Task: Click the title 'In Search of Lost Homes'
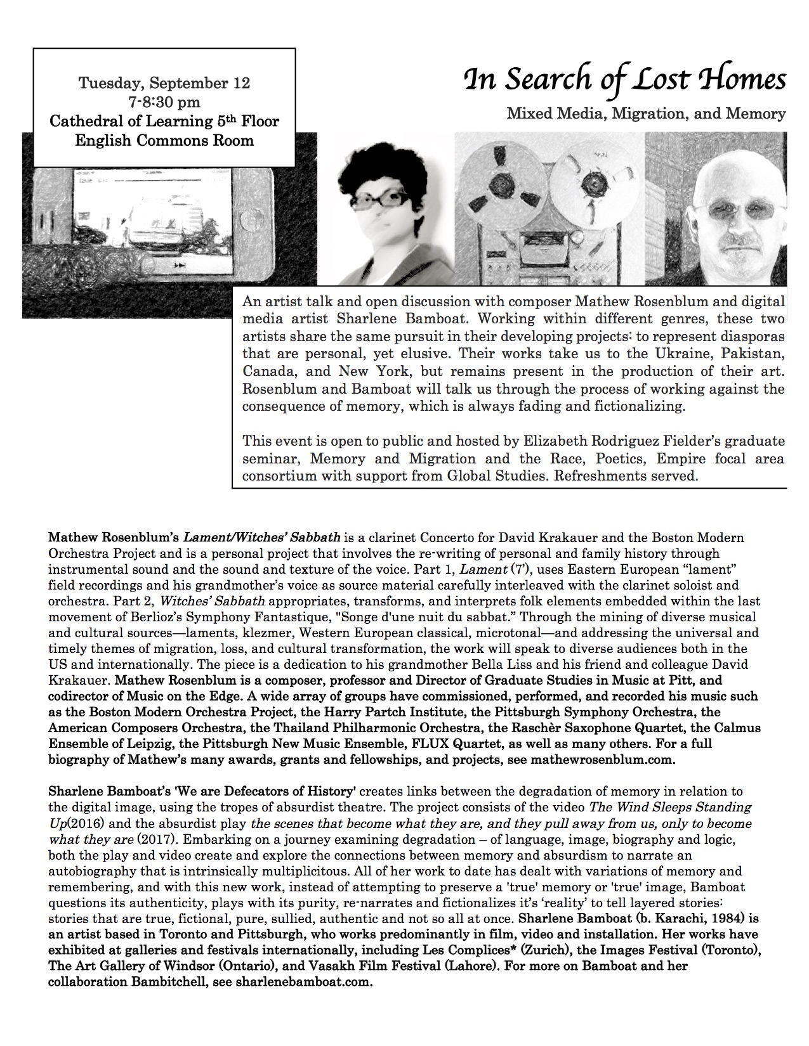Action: pyautogui.click(x=625, y=81)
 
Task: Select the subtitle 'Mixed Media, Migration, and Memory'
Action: pyautogui.click(x=646, y=114)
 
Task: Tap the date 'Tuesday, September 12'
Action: pyautogui.click(x=164, y=84)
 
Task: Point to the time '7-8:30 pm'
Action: pyautogui.click(x=164, y=102)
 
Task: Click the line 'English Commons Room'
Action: pyautogui.click(x=164, y=140)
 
